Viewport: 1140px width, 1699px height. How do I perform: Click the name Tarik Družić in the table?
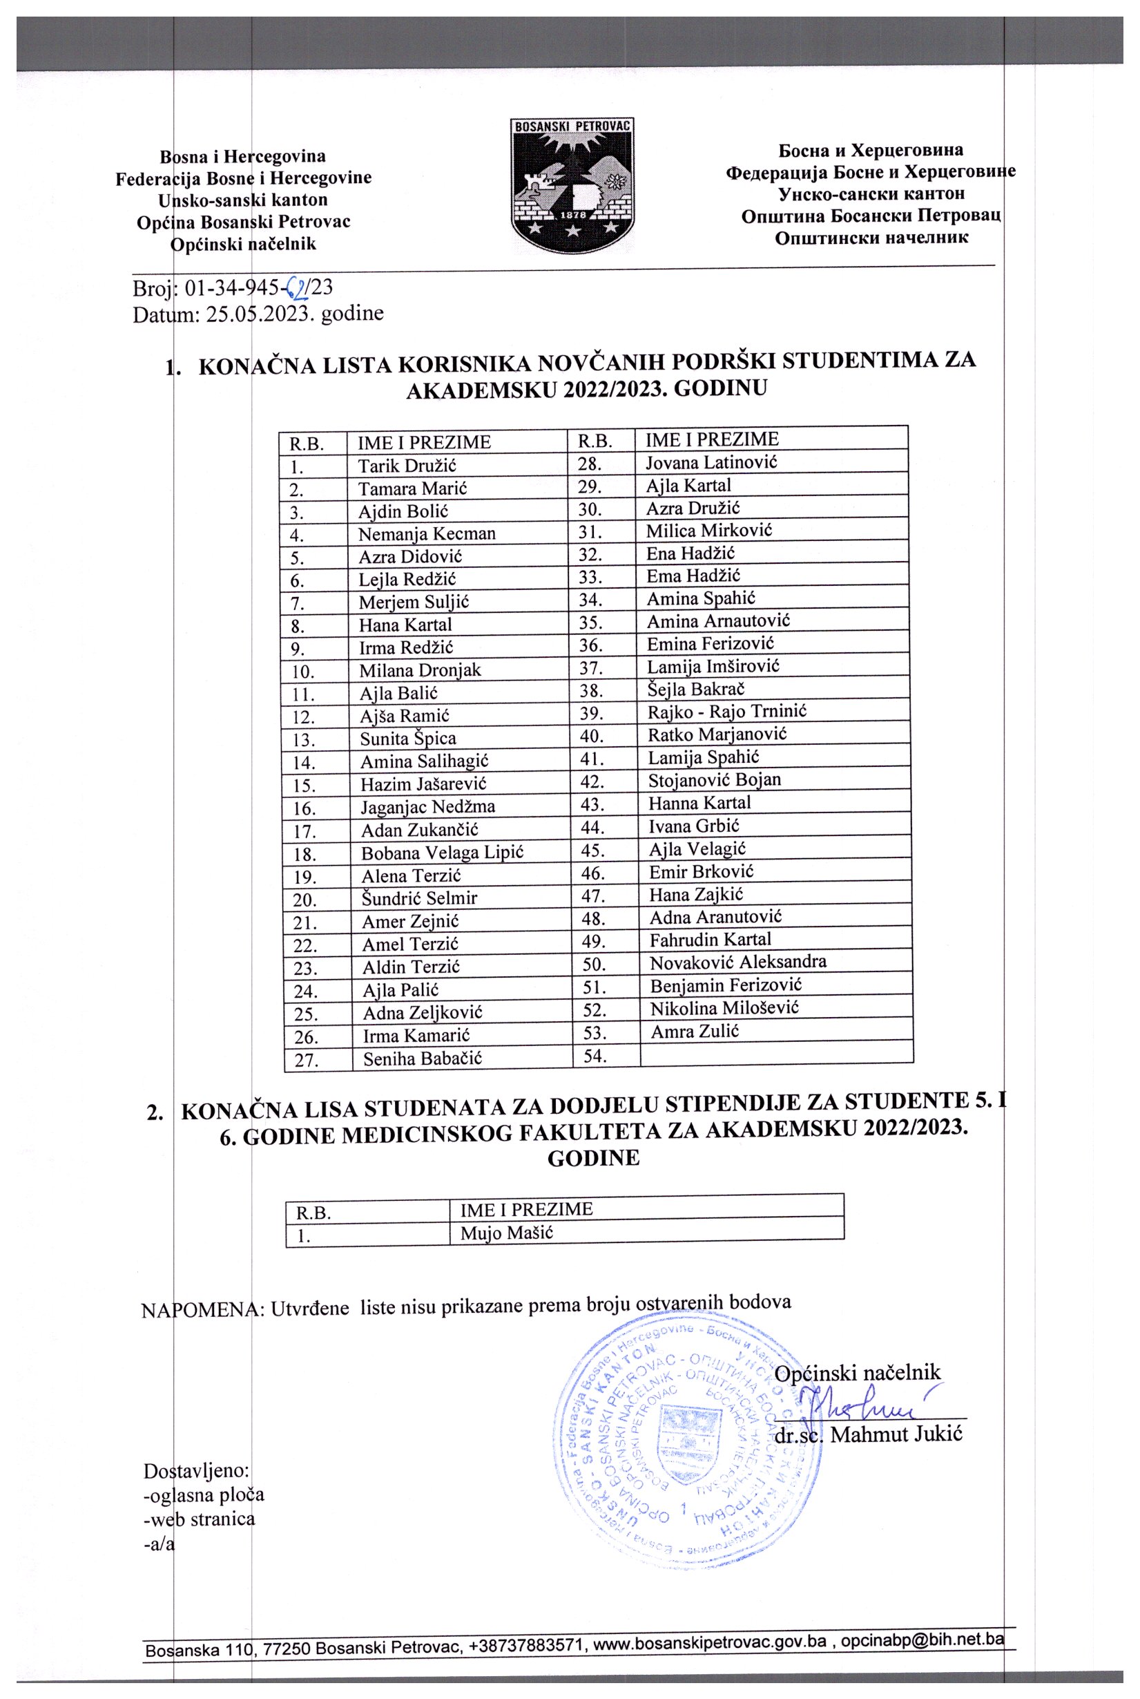(407, 466)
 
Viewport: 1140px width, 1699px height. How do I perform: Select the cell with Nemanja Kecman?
(426, 534)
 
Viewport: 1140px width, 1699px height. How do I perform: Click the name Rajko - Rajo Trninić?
(726, 711)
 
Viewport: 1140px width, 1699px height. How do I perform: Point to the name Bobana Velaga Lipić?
(442, 852)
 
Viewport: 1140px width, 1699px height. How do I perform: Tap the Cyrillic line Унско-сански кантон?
(871, 193)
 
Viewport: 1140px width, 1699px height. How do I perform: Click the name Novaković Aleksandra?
(737, 962)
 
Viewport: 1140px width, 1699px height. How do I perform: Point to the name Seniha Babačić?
(422, 1059)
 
